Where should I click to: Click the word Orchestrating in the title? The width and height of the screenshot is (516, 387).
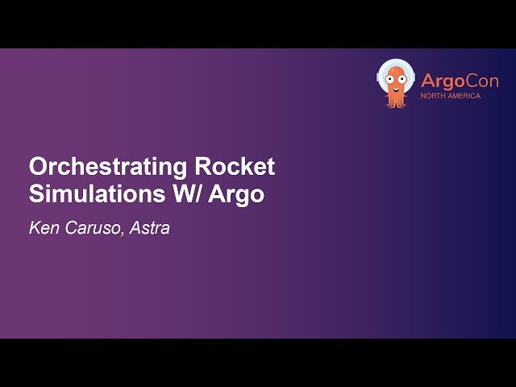109,168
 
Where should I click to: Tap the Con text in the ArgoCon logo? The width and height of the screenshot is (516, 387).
482,81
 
